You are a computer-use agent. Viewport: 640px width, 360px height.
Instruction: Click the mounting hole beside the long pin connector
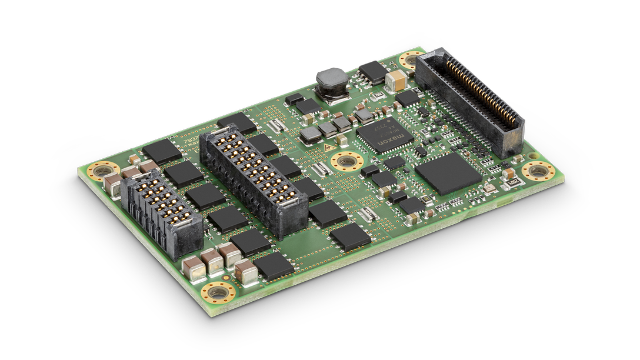[x=408, y=61]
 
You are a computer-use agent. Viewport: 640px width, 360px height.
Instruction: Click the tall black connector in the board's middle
[x=254, y=183]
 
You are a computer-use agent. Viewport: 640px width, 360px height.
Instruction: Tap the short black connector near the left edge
[x=161, y=214]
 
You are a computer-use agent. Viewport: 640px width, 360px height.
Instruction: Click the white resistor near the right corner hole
[x=512, y=182]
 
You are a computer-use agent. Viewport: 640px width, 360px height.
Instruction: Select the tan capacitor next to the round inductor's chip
[x=395, y=79]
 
